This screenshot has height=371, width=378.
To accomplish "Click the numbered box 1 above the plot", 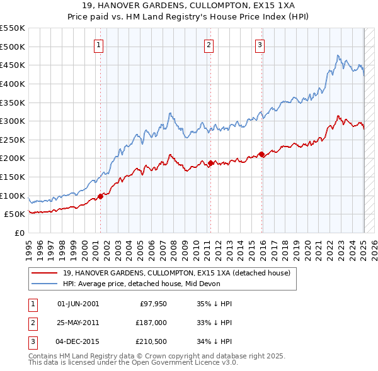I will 100,44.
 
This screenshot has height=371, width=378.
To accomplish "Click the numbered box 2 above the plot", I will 209,44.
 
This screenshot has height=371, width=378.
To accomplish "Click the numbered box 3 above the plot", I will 260,44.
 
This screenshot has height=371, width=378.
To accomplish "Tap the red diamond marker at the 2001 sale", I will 100,196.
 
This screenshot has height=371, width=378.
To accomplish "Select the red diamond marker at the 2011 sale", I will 210,163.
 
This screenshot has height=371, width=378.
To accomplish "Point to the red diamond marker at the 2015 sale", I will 261,154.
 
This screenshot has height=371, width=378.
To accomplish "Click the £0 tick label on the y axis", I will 21,233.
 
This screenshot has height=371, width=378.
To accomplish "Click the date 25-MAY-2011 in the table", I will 78,323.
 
